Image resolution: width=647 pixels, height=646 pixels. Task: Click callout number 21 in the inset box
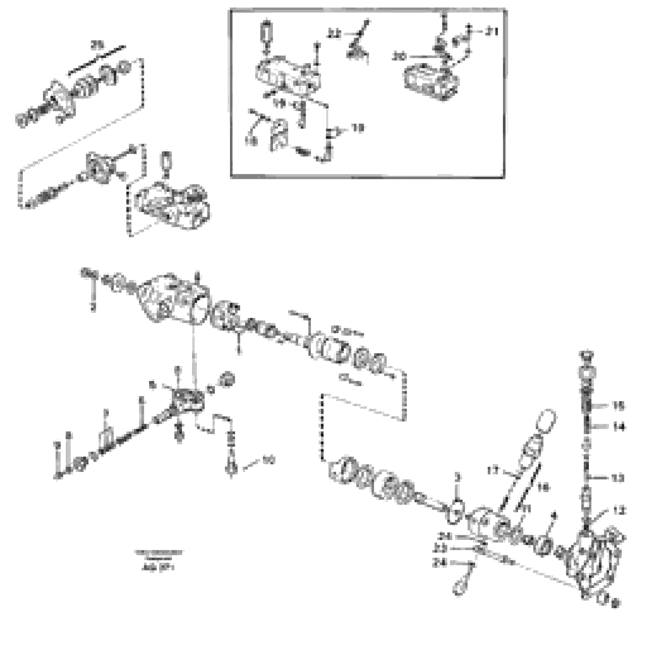pos(492,32)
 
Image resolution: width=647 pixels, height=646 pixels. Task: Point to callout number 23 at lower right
pos(440,548)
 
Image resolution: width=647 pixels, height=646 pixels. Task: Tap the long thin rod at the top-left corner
pos(96,60)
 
